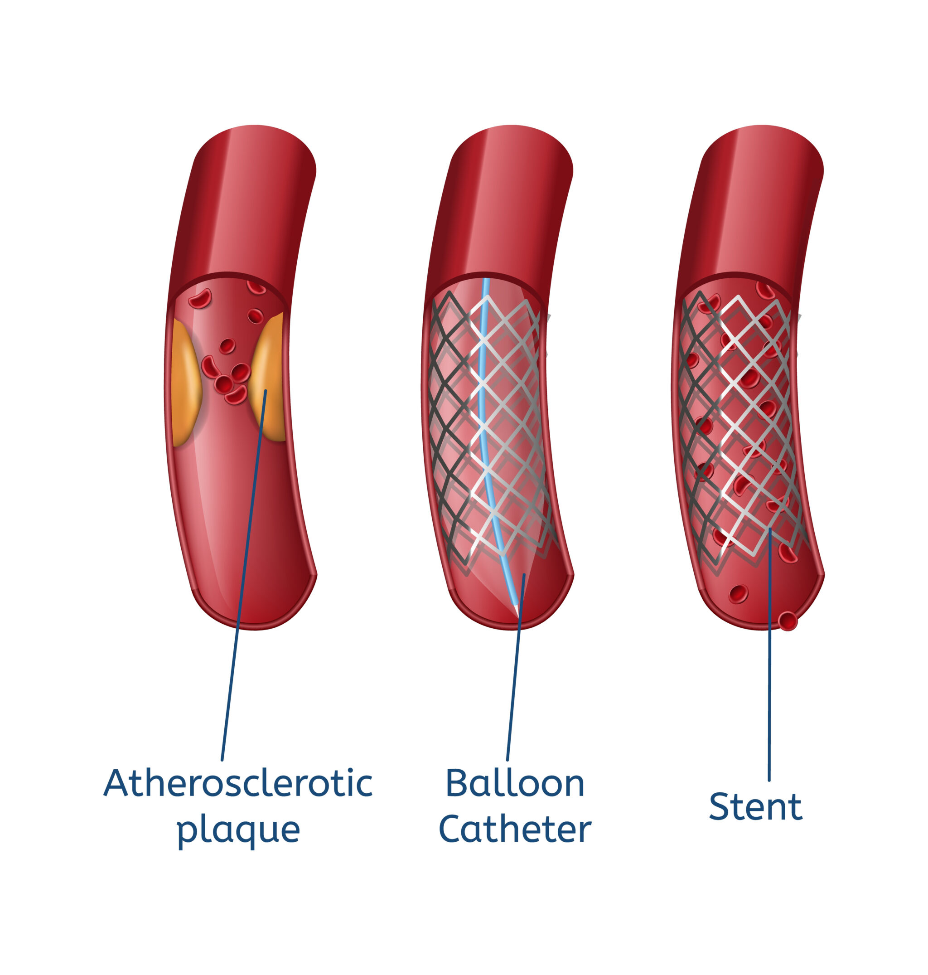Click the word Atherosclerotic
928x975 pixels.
tap(238, 783)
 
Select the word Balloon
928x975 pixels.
tap(515, 783)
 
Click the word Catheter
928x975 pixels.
tap(515, 829)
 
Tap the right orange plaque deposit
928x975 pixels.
tap(268, 377)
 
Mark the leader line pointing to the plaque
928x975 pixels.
tap(244, 576)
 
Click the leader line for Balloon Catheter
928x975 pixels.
tap(516, 668)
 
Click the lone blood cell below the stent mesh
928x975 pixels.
tap(738, 594)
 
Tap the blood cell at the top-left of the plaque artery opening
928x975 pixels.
tap(200, 299)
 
